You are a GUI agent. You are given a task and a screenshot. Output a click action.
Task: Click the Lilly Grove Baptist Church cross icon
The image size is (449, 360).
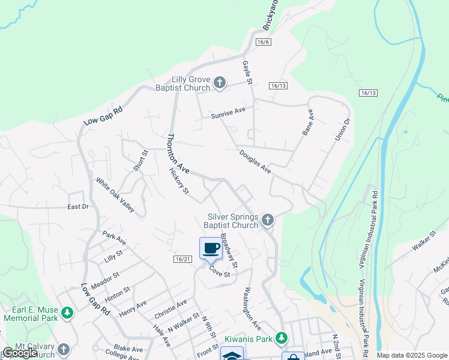(x=220, y=83)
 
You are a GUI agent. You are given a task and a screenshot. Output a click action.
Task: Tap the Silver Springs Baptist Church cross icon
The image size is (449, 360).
(x=268, y=221)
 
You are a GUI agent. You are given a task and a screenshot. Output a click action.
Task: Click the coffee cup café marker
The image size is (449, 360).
(x=211, y=248)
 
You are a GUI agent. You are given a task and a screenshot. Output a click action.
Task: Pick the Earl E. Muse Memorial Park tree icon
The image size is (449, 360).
(x=68, y=313)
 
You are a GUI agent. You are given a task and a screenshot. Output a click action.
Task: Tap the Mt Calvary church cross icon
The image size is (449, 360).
(x=64, y=349)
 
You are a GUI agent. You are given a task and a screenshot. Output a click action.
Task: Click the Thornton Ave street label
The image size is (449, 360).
(x=178, y=154)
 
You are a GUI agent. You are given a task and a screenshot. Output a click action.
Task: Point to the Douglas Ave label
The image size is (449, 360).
(x=255, y=162)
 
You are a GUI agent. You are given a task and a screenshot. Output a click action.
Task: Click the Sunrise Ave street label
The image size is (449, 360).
(x=228, y=111)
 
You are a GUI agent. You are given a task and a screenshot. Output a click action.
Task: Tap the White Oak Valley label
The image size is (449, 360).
(x=115, y=196)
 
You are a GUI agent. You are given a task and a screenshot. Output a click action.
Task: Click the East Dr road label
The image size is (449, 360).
(x=77, y=206)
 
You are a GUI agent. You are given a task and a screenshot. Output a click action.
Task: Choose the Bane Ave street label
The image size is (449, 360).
(x=308, y=122)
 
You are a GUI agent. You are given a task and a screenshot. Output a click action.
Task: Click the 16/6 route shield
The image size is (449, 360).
(x=263, y=42)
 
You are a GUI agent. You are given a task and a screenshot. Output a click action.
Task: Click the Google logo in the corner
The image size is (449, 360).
(x=19, y=353)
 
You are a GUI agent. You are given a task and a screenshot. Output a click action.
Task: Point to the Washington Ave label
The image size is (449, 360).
(x=252, y=309)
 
